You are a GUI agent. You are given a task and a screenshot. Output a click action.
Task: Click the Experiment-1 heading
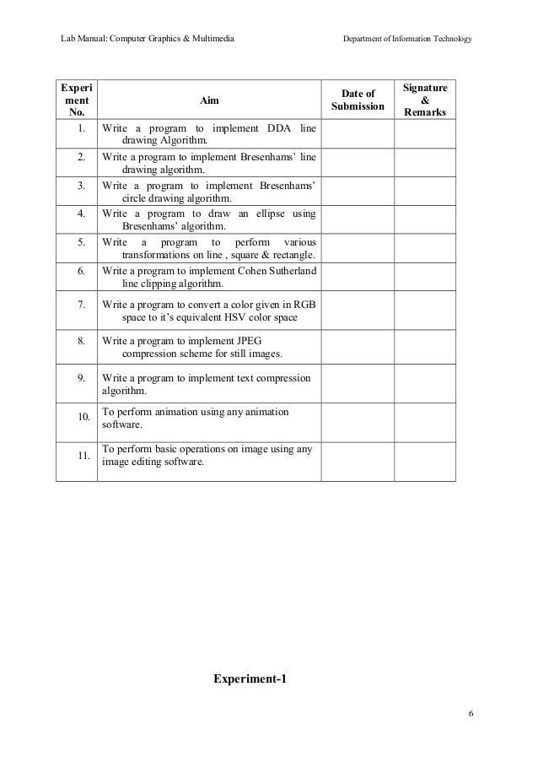pos(249,678)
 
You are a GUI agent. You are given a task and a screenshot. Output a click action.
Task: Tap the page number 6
pos(471,716)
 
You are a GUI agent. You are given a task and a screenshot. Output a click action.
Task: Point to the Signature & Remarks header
pos(425,100)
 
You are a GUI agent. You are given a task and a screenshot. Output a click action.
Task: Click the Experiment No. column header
pos(76,100)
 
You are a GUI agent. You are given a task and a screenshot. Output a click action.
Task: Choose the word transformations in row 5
pos(157,256)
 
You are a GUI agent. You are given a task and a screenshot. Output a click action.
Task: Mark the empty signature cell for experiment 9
pos(425,384)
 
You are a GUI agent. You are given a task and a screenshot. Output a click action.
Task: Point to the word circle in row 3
pos(136,198)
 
